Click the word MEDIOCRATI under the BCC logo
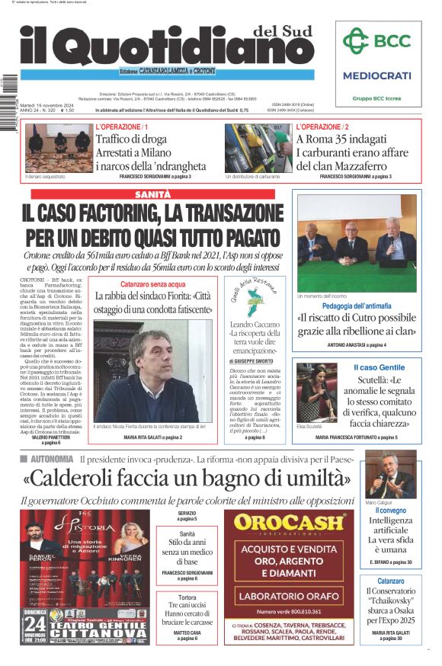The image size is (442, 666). click(376, 75)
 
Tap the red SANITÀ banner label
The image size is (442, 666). click(152, 194)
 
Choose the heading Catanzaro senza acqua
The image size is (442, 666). click(153, 283)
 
